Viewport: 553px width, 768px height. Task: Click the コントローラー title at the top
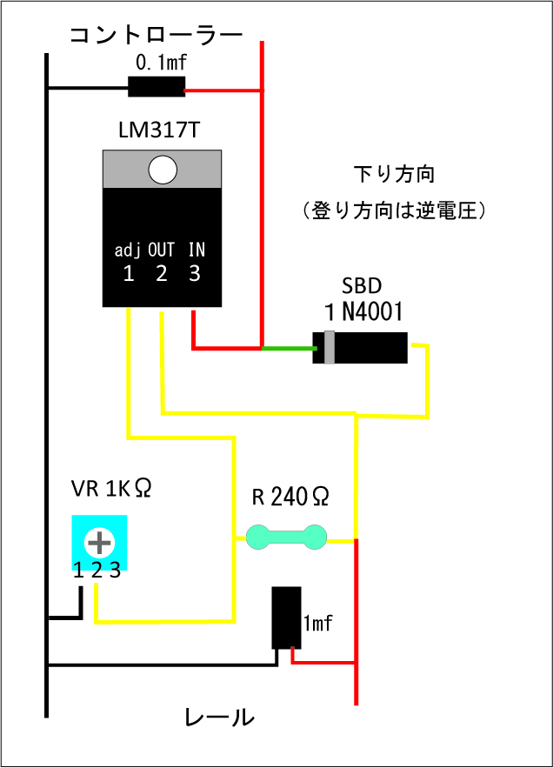click(x=157, y=35)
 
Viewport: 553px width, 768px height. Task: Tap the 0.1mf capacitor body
click(x=157, y=87)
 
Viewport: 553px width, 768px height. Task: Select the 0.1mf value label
click(x=161, y=63)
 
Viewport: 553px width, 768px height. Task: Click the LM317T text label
click(x=159, y=130)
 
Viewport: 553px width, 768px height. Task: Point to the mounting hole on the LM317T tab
click(x=163, y=170)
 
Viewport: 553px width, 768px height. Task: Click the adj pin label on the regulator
click(x=127, y=250)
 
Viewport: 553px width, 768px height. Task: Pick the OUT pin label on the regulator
click(x=161, y=250)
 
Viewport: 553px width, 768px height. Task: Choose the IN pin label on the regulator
click(x=197, y=250)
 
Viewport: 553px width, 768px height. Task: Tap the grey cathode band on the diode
click(x=330, y=348)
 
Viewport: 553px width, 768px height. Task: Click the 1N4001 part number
click(x=363, y=311)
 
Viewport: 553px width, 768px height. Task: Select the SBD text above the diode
click(x=362, y=285)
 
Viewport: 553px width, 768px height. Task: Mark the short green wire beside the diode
click(x=289, y=348)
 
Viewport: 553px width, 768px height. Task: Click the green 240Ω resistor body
click(x=286, y=538)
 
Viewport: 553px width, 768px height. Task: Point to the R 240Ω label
click(x=290, y=498)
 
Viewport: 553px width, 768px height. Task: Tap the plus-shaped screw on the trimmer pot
click(x=99, y=543)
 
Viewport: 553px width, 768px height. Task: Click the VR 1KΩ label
click(x=111, y=488)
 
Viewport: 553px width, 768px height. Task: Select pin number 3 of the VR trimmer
click(x=115, y=570)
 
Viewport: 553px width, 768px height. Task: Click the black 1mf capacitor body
click(x=287, y=618)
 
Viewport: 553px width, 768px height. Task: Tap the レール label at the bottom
click(x=219, y=718)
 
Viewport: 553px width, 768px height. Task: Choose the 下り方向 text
click(x=394, y=174)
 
